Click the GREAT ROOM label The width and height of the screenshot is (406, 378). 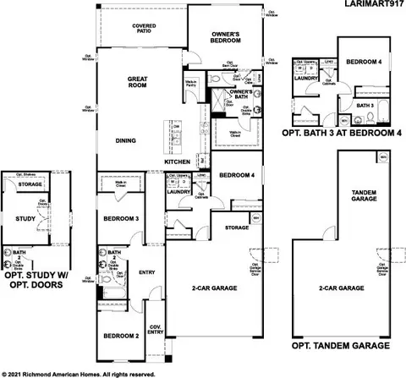(x=138, y=82)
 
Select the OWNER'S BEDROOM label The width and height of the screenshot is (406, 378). (x=228, y=36)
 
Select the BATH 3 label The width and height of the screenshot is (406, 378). (x=365, y=106)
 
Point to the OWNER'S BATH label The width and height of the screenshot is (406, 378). (x=241, y=95)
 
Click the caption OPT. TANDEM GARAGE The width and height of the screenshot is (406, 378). (x=341, y=346)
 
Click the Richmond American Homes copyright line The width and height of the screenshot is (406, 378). (x=80, y=372)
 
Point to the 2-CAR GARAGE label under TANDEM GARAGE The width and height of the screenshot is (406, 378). (x=340, y=288)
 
